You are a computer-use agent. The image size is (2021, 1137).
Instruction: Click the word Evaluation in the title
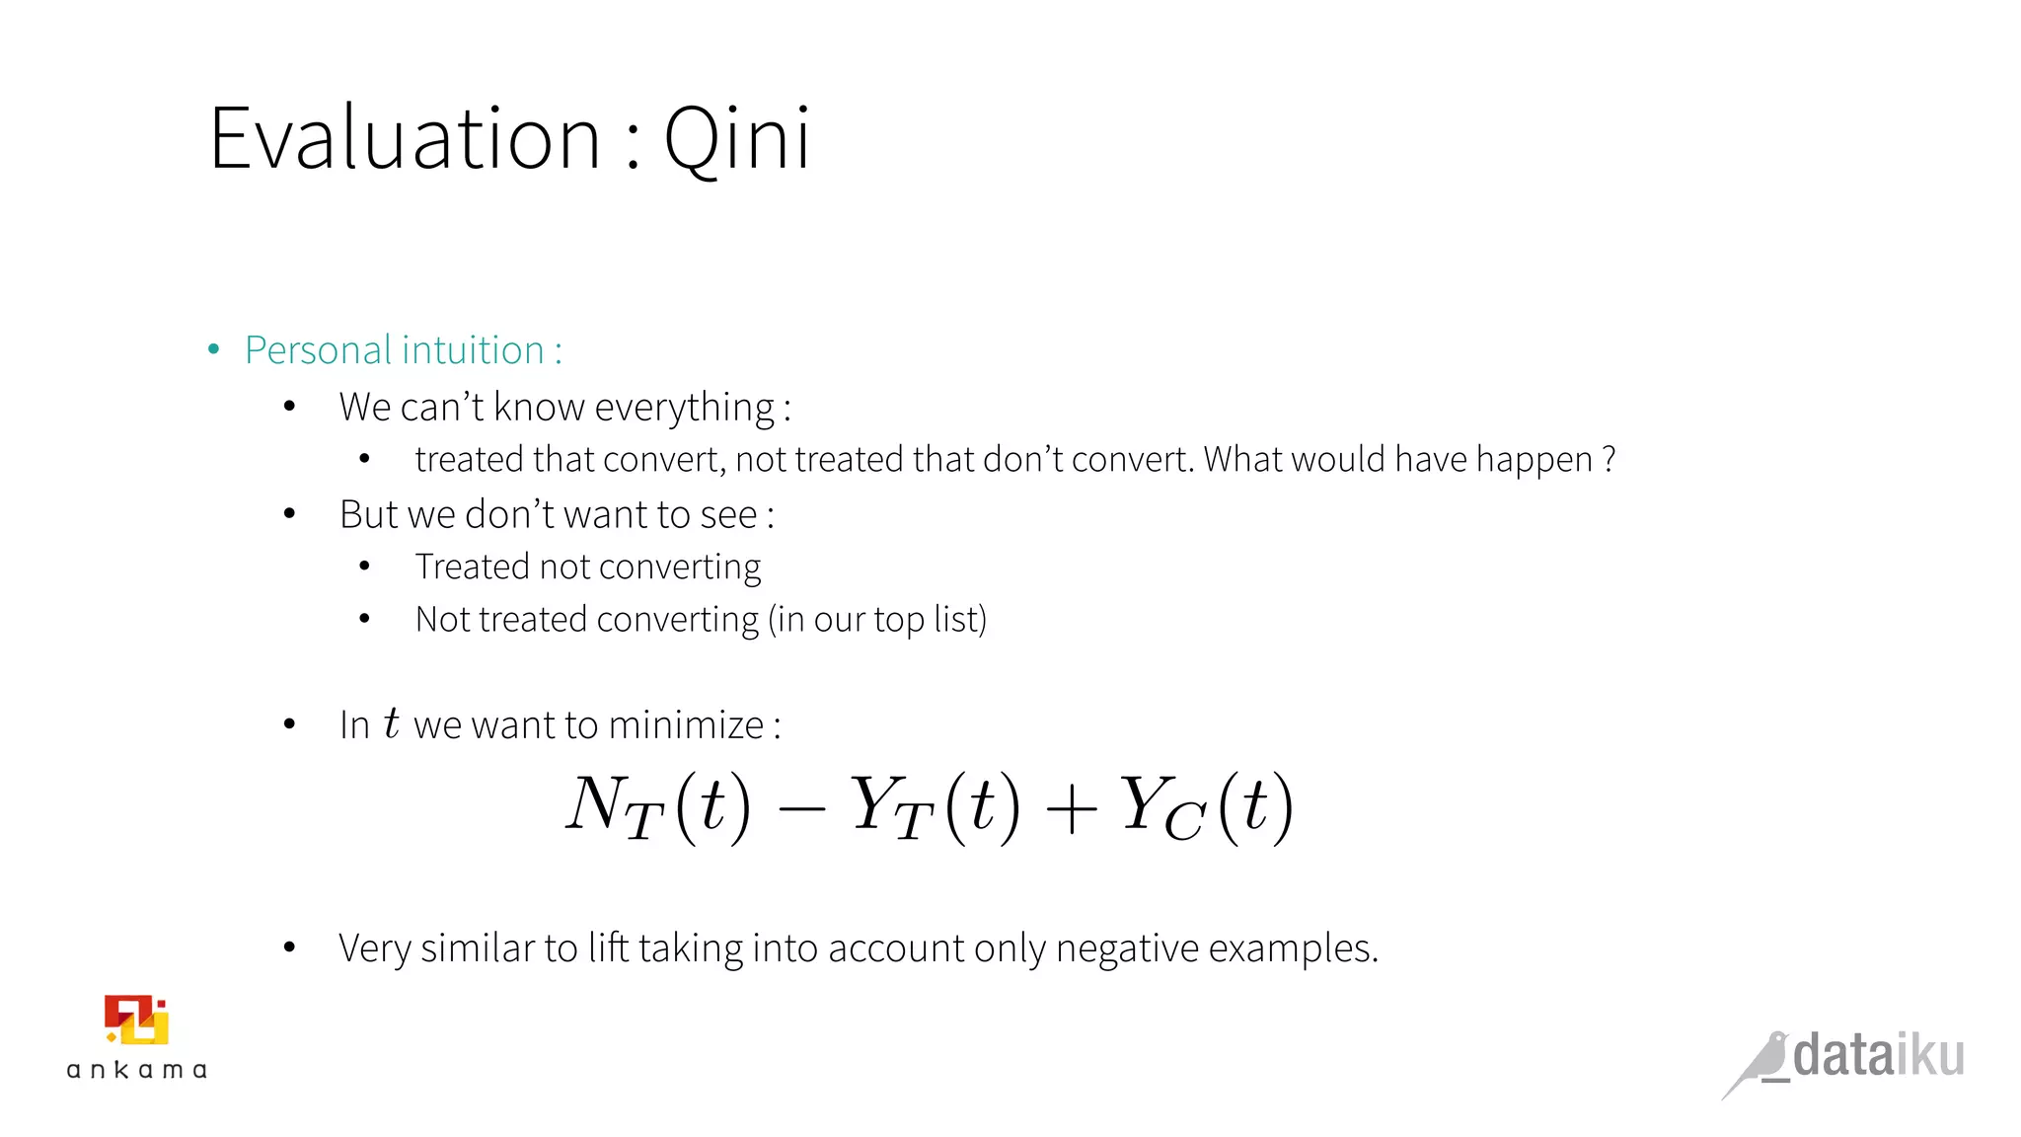(x=405, y=139)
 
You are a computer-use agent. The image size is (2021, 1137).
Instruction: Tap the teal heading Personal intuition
(x=395, y=350)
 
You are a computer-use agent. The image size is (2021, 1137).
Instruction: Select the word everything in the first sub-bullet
(x=685, y=408)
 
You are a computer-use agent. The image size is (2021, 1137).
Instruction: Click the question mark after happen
(x=1609, y=460)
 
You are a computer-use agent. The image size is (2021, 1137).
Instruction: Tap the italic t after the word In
(x=392, y=723)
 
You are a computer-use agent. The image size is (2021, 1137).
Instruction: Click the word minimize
(x=686, y=725)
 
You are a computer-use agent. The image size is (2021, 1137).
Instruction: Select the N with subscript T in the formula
(x=614, y=806)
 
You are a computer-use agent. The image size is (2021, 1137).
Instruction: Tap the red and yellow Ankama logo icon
(x=136, y=1021)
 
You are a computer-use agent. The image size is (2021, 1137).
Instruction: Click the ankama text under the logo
(x=136, y=1070)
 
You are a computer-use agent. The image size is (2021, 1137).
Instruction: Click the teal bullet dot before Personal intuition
(x=213, y=350)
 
